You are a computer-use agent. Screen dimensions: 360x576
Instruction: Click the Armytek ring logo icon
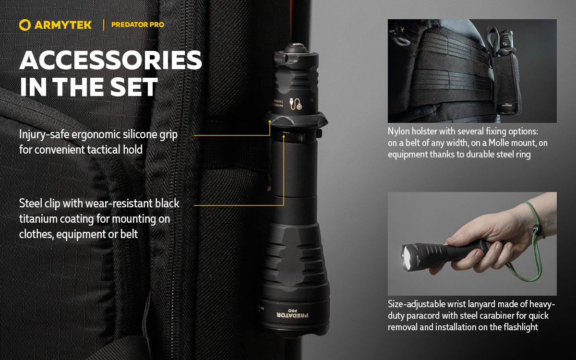[25, 24]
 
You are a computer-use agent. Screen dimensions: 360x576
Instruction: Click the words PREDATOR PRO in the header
[137, 24]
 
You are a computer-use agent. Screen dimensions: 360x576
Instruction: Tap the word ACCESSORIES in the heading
[110, 60]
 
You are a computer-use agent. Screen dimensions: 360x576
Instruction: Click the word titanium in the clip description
[40, 219]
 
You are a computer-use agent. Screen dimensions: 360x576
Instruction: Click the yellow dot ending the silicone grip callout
[270, 122]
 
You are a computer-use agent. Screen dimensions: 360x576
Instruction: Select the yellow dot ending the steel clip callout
[284, 137]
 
